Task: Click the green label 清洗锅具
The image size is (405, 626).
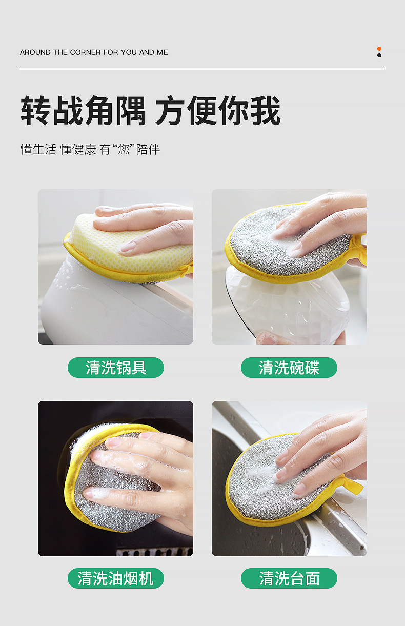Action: pos(116,368)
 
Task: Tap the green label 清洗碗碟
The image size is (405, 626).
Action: pos(289,368)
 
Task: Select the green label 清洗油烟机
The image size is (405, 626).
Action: pos(116,578)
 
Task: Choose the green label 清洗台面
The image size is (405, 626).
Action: pos(289,578)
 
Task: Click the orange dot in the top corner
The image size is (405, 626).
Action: pos(379,49)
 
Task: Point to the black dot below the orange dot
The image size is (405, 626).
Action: pos(379,55)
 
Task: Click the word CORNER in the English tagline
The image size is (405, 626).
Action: pos(85,52)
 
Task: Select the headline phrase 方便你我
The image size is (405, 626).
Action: pos(218,111)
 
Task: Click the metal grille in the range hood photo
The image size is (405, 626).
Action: pos(154,551)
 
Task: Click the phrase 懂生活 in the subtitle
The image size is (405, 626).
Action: pos(38,150)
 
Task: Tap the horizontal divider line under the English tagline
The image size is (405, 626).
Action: pos(202,69)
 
